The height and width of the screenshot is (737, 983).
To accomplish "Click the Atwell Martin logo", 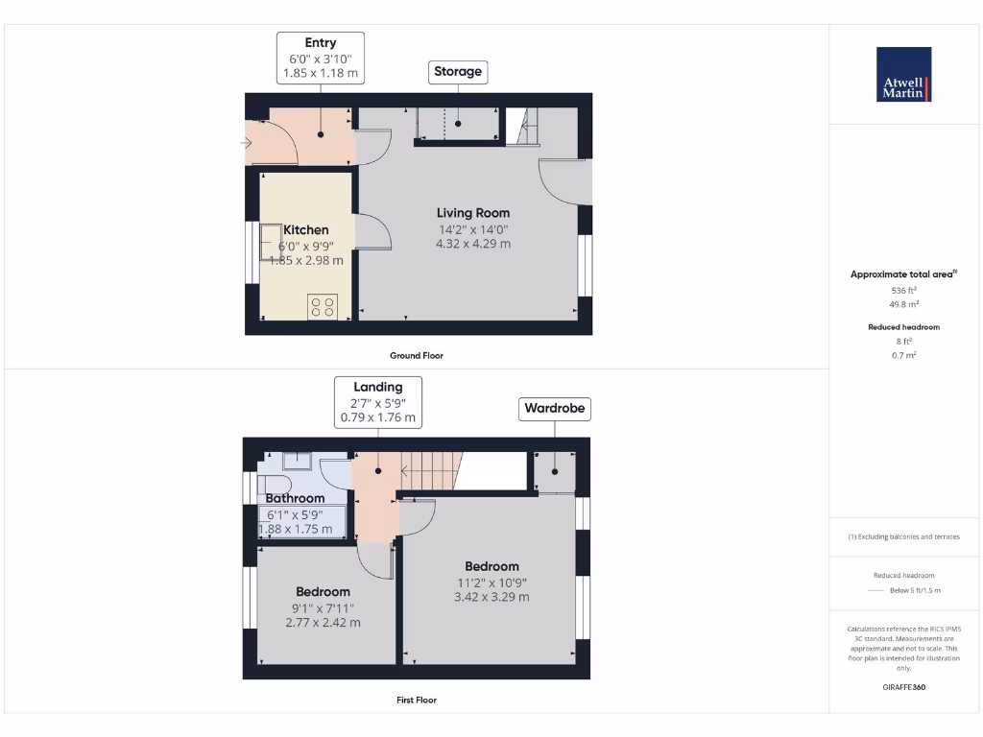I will pos(903,74).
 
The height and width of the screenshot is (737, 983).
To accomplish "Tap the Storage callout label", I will pos(458,72).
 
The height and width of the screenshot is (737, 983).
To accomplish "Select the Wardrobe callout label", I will pos(554,409).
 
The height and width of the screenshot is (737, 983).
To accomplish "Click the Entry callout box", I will pos(321,58).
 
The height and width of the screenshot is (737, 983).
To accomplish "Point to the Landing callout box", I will pos(378,402).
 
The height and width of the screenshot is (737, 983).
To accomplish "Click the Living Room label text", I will pos(473,213).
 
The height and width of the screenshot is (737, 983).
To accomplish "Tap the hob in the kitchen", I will pos(323,307).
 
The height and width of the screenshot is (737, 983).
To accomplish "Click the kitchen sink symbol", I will pos(267,244).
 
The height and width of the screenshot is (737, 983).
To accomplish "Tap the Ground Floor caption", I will pos(417,355).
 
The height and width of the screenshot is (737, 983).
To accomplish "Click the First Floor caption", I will pos(417,700).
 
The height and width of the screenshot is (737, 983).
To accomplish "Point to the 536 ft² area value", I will pos(903,289).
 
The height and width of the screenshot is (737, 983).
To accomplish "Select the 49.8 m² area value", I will pos(903,303).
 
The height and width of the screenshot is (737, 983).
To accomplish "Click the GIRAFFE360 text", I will pos(903,687).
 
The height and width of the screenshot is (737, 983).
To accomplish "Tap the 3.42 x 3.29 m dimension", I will pos(491,597).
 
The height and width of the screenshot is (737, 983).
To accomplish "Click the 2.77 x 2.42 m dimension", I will pos(323,622).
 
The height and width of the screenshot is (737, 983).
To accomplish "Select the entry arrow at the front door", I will pos(246,144).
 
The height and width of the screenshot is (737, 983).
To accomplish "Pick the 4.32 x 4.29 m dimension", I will pos(473,244).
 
